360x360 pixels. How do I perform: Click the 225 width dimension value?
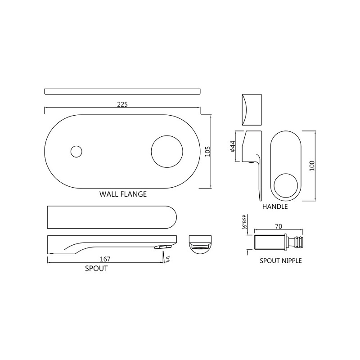click(122, 104)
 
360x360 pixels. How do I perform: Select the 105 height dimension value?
click(207, 152)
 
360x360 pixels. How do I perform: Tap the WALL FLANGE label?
click(123, 194)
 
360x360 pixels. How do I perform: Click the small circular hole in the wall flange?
click(76, 152)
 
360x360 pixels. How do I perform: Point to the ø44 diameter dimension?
click(232, 146)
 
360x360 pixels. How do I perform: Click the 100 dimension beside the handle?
click(312, 166)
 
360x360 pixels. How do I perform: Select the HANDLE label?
click(275, 207)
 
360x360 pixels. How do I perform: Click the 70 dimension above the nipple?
click(279, 226)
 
